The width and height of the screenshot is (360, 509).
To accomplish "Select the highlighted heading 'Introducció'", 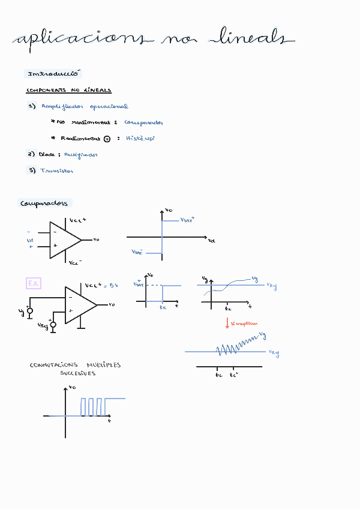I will pos(53,74).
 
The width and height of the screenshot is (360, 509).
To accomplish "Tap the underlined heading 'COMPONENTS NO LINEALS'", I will pos(68,91).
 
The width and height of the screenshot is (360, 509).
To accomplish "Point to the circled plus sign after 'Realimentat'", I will pos(107,139).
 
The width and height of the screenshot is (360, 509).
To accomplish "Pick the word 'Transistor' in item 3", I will pos(56,170).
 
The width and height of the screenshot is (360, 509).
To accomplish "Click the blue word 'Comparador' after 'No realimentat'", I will pos(143,122).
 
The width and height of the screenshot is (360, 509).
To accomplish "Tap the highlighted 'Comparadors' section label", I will pos(44,203).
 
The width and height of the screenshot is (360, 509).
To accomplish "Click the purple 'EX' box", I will pos(34,283).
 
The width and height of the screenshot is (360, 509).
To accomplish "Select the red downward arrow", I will pos(227,323).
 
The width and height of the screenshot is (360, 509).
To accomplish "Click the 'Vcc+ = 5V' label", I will pos(101,286).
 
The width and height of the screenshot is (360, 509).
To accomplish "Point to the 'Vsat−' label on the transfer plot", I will pos(137,252).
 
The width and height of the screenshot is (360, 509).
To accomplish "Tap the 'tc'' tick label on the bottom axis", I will pos(233,375).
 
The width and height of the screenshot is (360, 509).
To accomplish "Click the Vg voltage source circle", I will pos(30,311).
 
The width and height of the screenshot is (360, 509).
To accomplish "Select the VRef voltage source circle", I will pos(53,325).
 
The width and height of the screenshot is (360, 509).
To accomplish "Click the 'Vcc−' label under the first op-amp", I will pos(75,263).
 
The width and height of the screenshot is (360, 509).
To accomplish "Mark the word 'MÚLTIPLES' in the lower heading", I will pos(104,365).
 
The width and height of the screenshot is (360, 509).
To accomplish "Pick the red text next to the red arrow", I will pos(244,323).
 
